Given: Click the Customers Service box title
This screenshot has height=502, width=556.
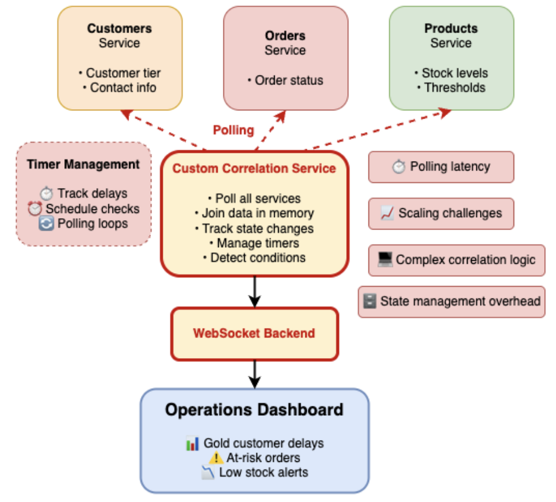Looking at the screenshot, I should [120, 28].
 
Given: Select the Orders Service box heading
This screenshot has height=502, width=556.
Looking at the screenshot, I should [285, 35].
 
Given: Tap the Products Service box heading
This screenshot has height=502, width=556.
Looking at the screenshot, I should [450, 28].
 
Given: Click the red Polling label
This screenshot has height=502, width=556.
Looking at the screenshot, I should [233, 130].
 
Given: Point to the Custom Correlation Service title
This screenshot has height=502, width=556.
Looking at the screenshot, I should [254, 169].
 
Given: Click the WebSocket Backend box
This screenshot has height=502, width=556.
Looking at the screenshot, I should [254, 333].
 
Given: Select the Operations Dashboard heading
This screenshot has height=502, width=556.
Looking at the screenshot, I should [254, 409].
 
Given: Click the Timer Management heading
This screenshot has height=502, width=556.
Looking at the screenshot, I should [83, 165].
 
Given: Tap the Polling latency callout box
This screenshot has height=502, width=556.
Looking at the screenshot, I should [441, 167].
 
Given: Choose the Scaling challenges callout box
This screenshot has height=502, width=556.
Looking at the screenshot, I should [441, 214].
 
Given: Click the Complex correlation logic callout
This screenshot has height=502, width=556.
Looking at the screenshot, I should [456, 260].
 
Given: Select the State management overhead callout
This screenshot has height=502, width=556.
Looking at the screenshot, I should [452, 301].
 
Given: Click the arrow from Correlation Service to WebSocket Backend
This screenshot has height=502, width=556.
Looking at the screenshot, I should [255, 291].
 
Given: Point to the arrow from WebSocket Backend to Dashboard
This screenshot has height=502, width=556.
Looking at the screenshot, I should [255, 374].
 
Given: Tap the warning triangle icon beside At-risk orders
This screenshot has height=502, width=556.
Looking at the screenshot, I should [216, 458].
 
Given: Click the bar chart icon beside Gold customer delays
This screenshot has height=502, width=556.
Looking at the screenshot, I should [193, 444].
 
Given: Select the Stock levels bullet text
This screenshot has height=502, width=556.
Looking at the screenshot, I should [455, 73].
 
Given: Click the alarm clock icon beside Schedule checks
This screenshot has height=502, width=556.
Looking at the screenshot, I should [36, 209].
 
